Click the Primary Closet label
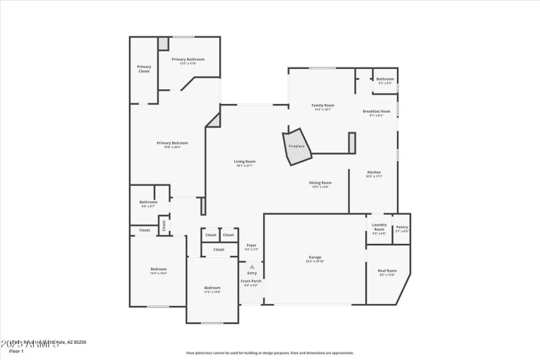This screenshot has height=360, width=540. tap(144, 68)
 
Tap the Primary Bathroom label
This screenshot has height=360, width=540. tap(188, 59)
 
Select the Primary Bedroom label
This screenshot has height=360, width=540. tap(172, 143)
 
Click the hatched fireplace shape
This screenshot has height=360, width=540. tap(297, 146)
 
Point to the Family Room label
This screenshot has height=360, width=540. tap(323, 105)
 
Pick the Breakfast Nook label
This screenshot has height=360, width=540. tap(376, 111)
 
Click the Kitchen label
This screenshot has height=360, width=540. tap(374, 172)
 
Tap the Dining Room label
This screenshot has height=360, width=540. tap(320, 183)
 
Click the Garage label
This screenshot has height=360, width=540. tap(315, 257)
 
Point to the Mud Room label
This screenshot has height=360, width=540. tap(387, 271)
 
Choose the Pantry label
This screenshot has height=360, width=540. tap(402, 227)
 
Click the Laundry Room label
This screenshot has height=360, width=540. tap(379, 226)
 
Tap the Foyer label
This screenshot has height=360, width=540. tap(251, 245)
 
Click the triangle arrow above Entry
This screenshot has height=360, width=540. tap(252, 267)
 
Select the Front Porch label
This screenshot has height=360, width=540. tap(251, 281)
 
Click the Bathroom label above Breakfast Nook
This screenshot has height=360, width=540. tap(385, 79)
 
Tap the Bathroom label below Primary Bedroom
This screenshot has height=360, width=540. tap(148, 202)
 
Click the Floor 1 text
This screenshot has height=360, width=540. tap(16, 351)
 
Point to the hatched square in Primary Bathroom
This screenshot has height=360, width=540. tap(163, 43)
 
